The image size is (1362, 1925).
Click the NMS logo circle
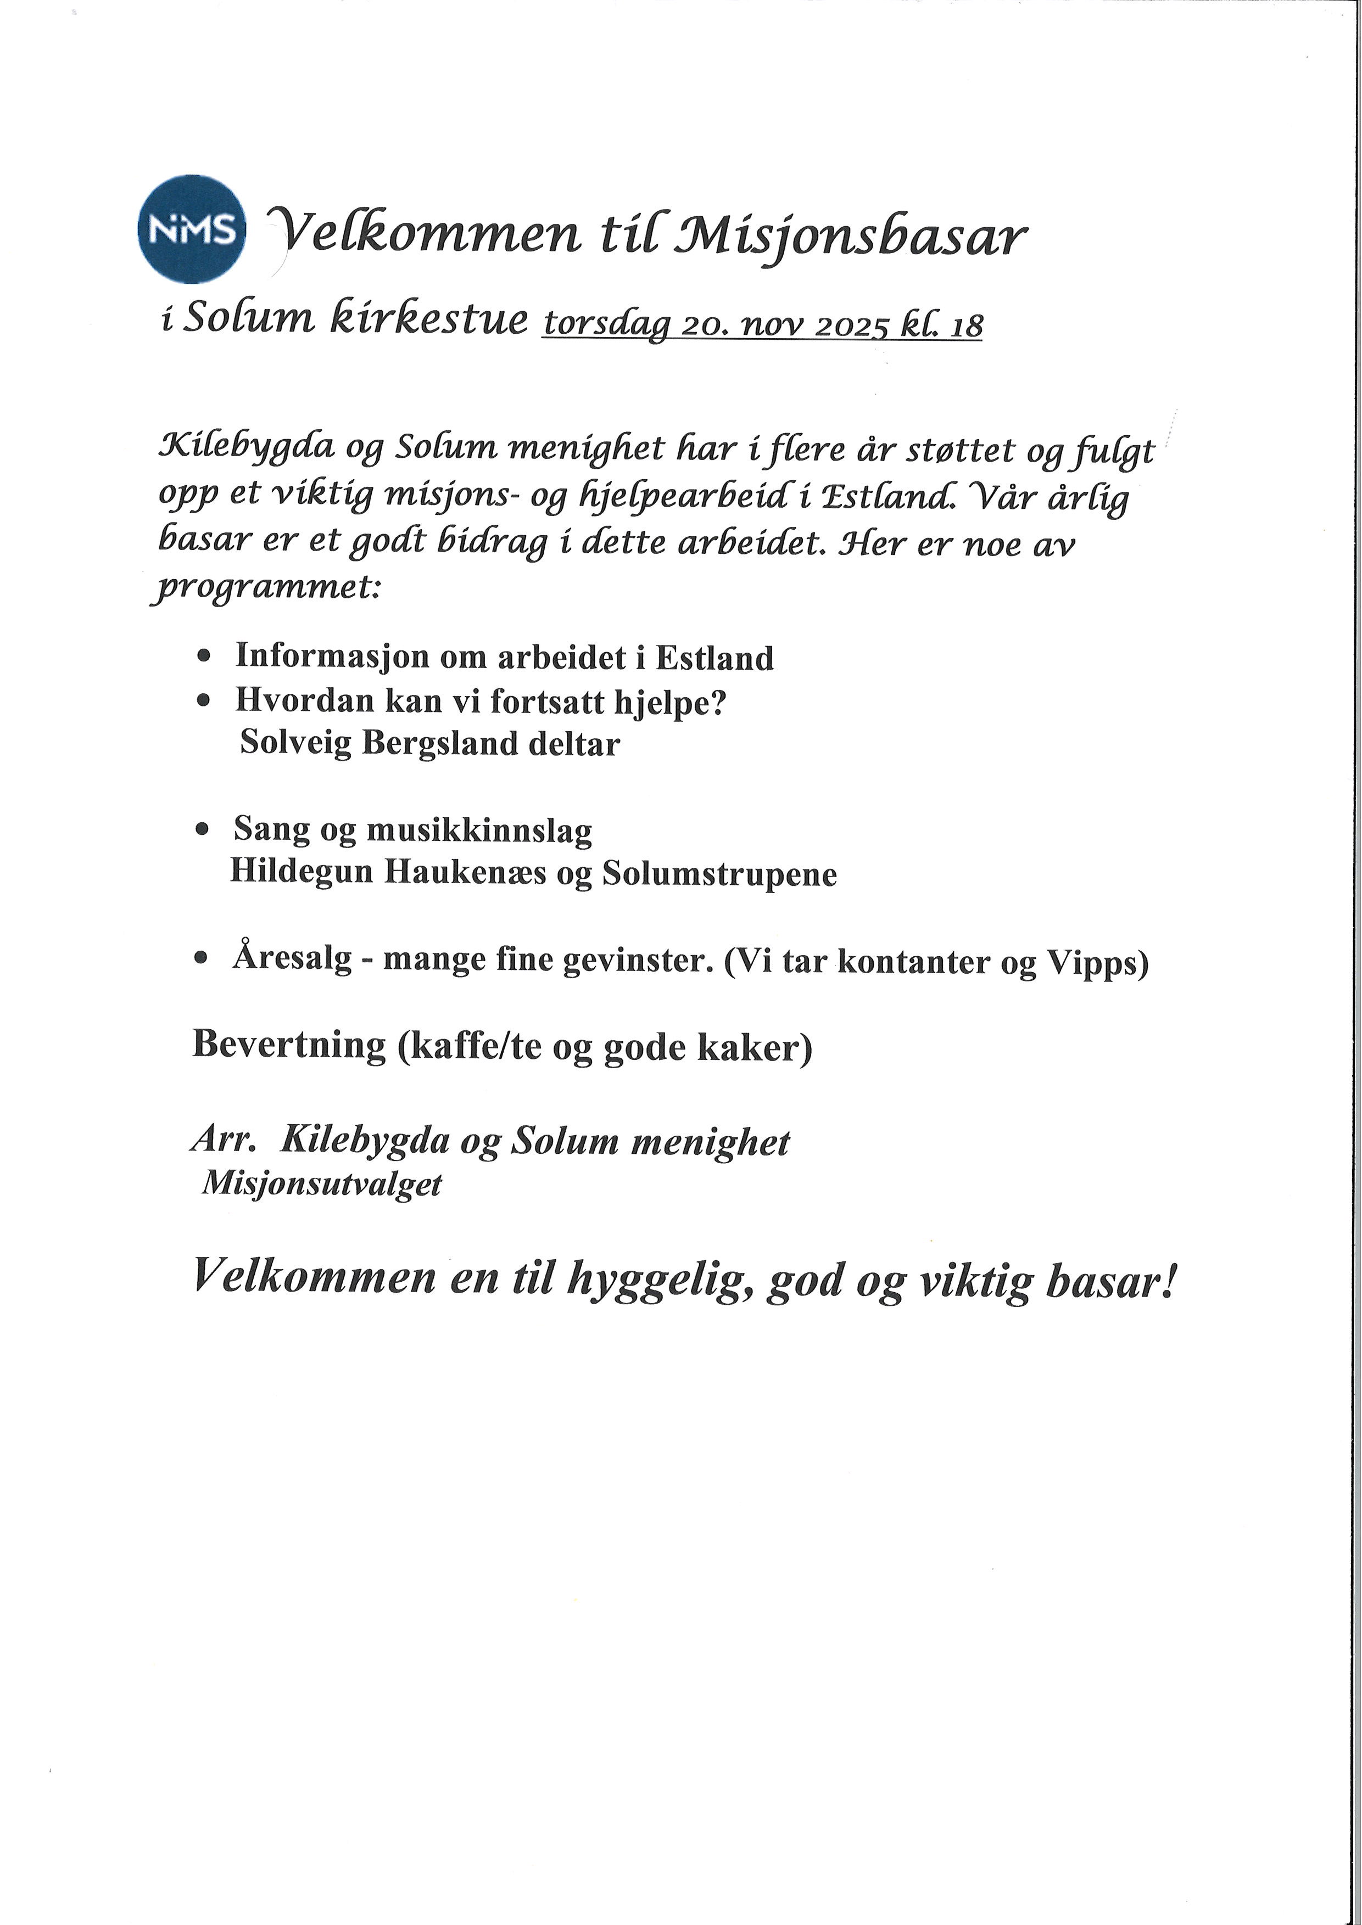191,229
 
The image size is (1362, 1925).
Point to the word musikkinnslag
479,831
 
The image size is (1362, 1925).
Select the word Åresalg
292,958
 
